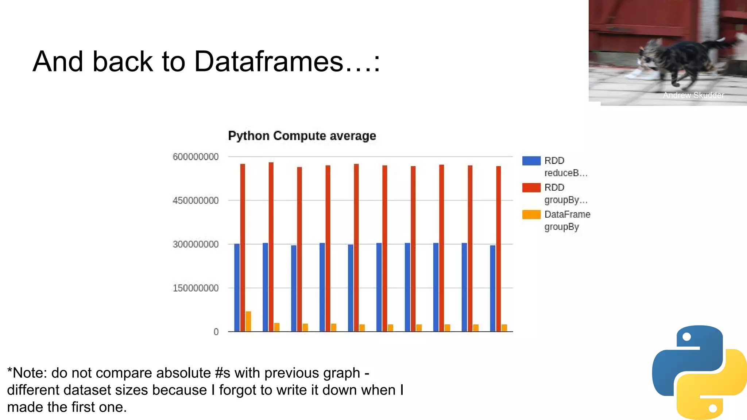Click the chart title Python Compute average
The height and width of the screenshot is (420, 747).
pyautogui.click(x=302, y=136)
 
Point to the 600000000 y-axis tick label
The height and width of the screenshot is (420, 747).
pyautogui.click(x=196, y=157)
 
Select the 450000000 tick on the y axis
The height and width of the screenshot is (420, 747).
pyautogui.click(x=196, y=201)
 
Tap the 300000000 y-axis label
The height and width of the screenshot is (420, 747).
pyautogui.click(x=196, y=244)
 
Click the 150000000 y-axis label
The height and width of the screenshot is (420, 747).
pyautogui.click(x=196, y=288)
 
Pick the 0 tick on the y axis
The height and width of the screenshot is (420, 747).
pyautogui.click(x=216, y=332)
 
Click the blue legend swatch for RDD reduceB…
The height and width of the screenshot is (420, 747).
pyautogui.click(x=531, y=161)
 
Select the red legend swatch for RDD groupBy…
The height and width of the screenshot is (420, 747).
pyautogui.click(x=531, y=187)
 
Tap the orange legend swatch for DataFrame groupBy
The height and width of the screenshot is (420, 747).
pyautogui.click(x=531, y=214)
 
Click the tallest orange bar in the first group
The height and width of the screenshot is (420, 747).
pyautogui.click(x=248, y=322)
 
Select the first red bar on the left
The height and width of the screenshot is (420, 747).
pyautogui.click(x=243, y=248)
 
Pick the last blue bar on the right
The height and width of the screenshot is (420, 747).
pyautogui.click(x=493, y=288)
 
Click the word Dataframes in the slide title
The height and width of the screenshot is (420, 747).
pyautogui.click(x=268, y=61)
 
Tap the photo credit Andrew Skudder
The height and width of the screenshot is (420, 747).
pyautogui.click(x=693, y=95)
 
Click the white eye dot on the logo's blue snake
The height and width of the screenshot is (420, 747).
pyautogui.click(x=686, y=337)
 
